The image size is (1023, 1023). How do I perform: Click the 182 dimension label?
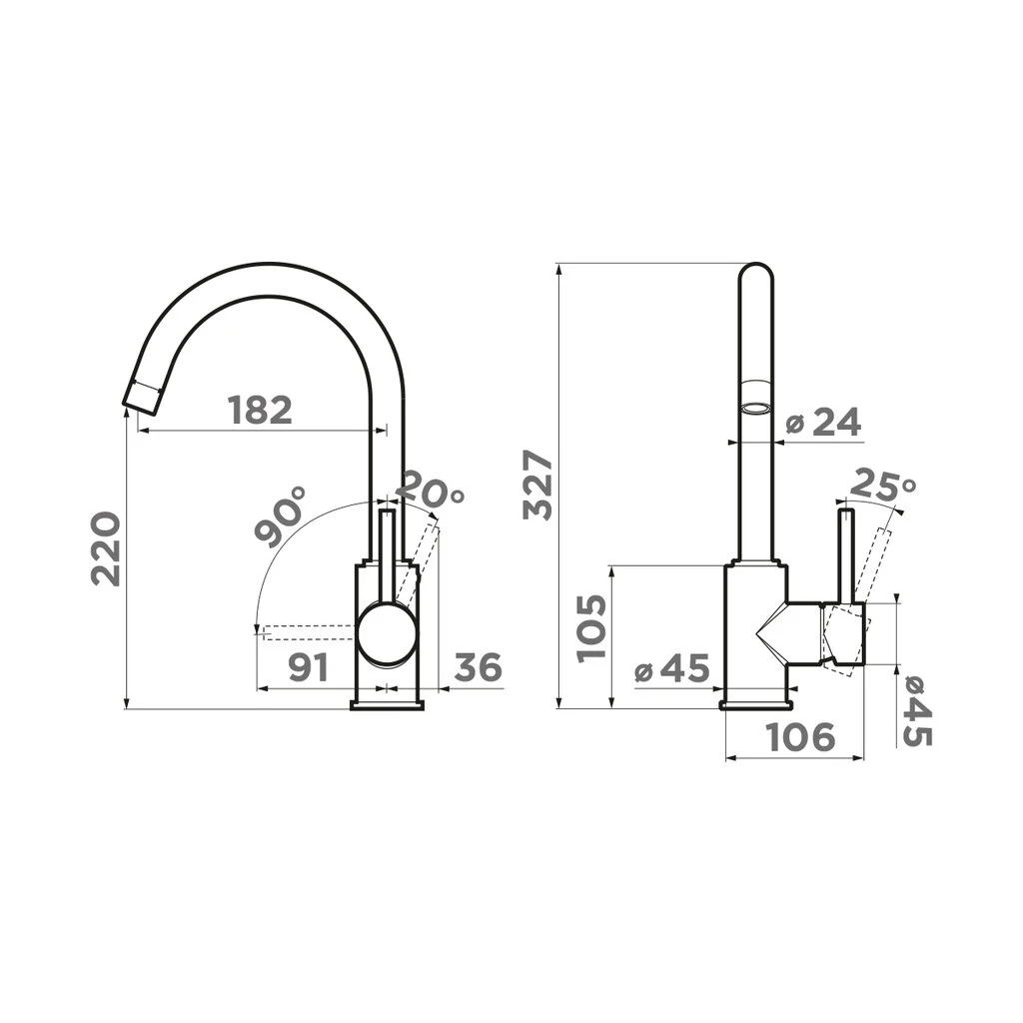(260, 411)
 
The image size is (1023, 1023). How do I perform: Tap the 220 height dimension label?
(106, 549)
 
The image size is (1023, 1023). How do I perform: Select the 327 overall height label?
(537, 485)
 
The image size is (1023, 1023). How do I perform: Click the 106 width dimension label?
(800, 737)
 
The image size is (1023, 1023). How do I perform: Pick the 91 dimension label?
(308, 667)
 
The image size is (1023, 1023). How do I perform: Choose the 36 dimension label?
(479, 666)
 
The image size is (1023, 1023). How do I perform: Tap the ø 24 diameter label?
(823, 423)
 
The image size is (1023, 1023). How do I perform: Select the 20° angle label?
(431, 488)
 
